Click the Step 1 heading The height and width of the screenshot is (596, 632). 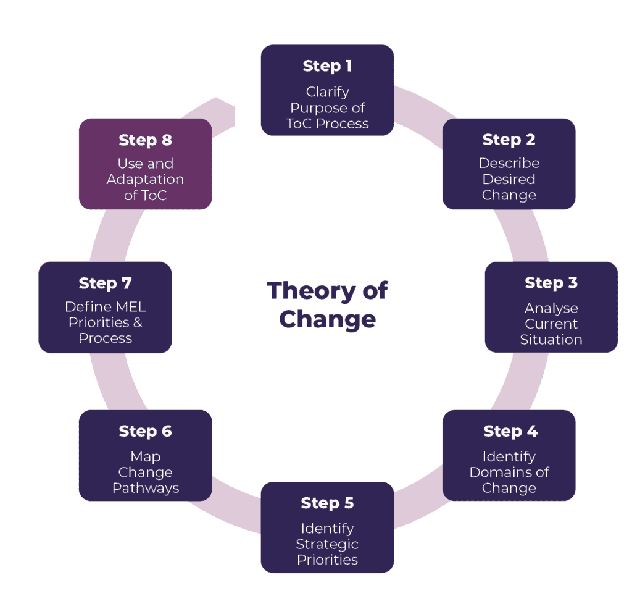[327, 66]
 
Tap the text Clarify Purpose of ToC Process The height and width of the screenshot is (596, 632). [327, 107]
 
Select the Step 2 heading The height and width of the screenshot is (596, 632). [509, 140]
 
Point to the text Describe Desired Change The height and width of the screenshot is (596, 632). [509, 179]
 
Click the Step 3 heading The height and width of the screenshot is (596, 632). [551, 283]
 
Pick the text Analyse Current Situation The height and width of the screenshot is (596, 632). [551, 324]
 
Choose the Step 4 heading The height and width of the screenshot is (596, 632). [510, 431]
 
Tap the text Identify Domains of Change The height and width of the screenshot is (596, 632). [509, 472]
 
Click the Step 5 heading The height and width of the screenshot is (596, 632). [327, 503]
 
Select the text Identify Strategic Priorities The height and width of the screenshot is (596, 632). [327, 544]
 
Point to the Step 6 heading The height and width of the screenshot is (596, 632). [145, 431]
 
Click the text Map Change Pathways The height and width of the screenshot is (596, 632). [145, 472]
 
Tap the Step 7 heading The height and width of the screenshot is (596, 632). [105, 283]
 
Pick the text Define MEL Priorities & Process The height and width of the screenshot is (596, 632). [105, 322]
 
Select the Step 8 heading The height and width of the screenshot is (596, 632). [145, 140]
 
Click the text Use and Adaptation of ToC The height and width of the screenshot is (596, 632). [145, 179]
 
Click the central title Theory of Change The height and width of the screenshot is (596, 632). [327, 304]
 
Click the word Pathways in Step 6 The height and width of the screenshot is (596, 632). [145, 488]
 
